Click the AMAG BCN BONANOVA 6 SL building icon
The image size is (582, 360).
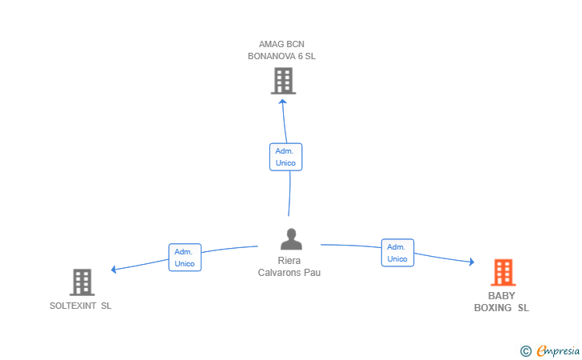click(x=283, y=81)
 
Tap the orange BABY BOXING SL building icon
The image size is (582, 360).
click(x=504, y=272)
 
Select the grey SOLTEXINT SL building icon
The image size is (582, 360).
click(x=82, y=282)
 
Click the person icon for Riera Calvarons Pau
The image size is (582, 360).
click(x=291, y=239)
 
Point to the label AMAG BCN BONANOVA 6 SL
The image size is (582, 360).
click(x=281, y=50)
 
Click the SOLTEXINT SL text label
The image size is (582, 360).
click(x=81, y=306)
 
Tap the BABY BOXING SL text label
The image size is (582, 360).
click(x=501, y=302)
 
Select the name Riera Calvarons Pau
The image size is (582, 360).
click(x=289, y=266)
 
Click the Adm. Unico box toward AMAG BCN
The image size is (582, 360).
click(x=286, y=157)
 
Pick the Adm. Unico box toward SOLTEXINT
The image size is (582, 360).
click(x=185, y=258)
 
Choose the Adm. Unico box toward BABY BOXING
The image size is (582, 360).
click(x=397, y=253)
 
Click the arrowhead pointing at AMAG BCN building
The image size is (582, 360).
click(x=283, y=102)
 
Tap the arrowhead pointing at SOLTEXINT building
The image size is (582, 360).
click(x=114, y=269)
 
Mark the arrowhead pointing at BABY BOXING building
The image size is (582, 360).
click(x=472, y=262)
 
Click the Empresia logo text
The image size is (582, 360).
click(x=558, y=350)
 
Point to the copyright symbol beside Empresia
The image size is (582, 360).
click(x=526, y=351)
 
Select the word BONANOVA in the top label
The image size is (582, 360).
click(x=272, y=57)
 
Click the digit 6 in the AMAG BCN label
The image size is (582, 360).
click(x=301, y=57)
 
